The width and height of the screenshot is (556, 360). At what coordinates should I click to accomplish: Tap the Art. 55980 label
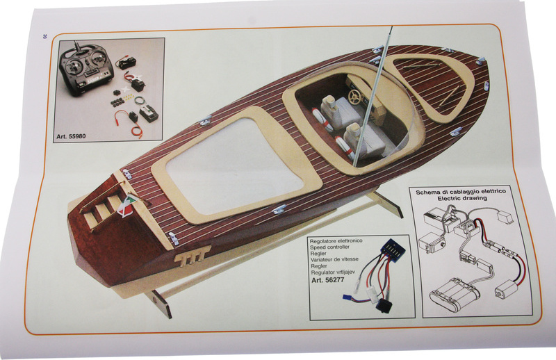[71, 136]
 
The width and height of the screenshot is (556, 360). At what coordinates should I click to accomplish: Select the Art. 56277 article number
[328, 280]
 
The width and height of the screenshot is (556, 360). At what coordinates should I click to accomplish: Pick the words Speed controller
[329, 247]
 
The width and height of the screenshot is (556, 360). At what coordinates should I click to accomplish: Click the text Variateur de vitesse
[334, 259]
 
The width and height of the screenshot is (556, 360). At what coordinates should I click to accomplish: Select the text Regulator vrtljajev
[335, 272]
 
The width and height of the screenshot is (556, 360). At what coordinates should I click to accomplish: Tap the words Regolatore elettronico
[336, 241]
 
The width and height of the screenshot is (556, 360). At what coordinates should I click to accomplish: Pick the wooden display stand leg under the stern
[161, 302]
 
